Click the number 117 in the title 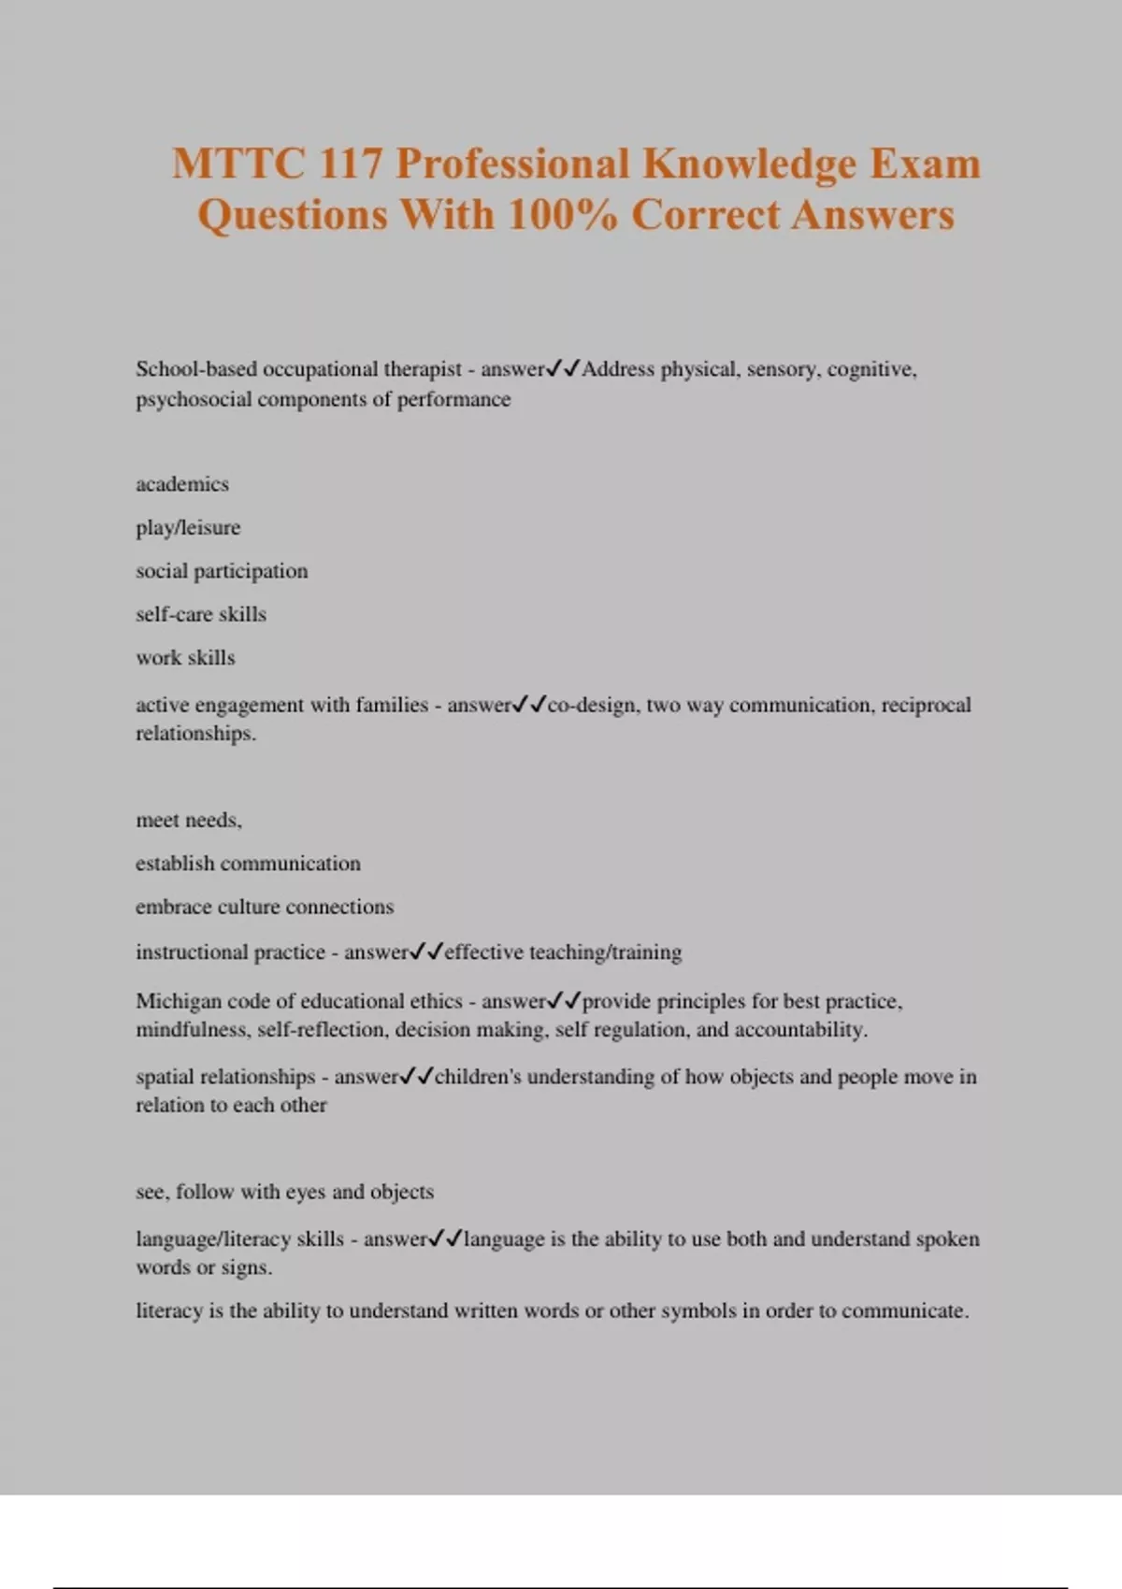click(350, 165)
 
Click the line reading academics click(182, 484)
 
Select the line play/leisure click(188, 527)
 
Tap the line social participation click(222, 571)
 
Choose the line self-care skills click(201, 614)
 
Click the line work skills click(185, 658)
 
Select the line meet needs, click(189, 821)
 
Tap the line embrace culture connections click(265, 907)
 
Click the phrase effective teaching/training click(563, 952)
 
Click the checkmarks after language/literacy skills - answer click(445, 1239)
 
